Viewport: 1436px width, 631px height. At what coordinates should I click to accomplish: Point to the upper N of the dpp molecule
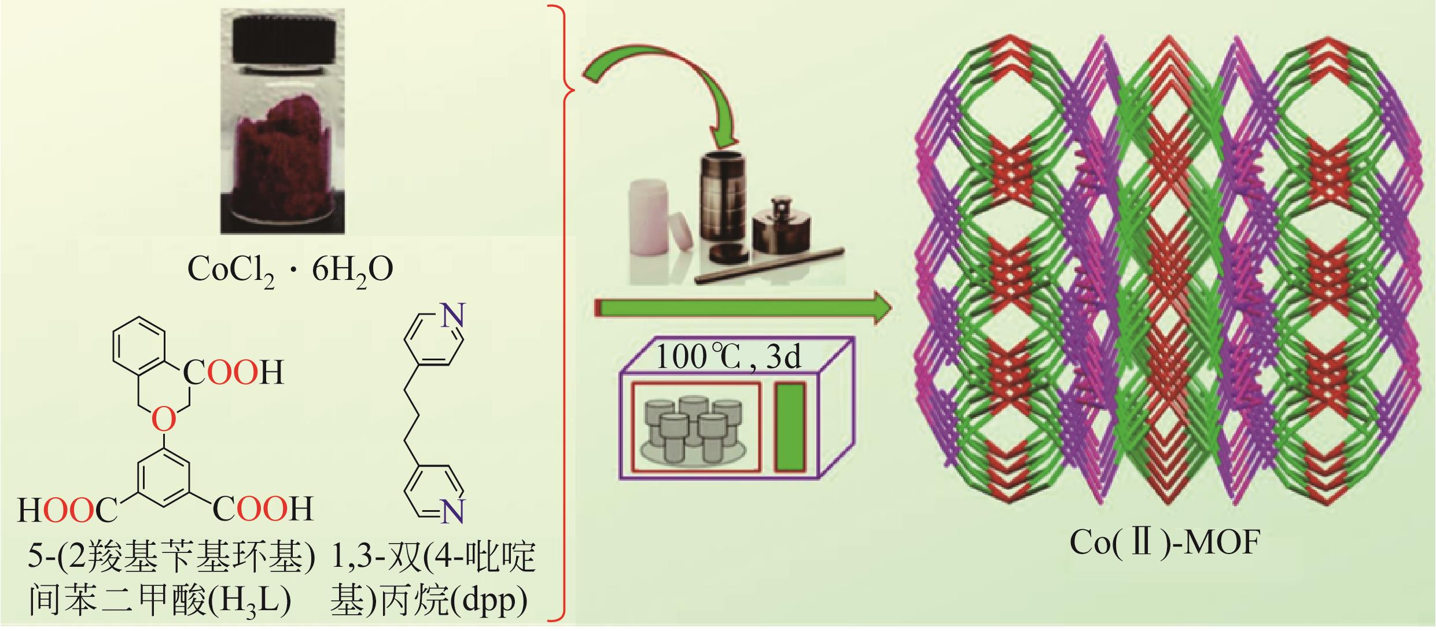point(453,315)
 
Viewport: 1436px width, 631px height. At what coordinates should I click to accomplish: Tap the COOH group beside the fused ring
point(234,373)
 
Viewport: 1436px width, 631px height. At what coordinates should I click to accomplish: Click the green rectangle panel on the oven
point(790,427)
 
